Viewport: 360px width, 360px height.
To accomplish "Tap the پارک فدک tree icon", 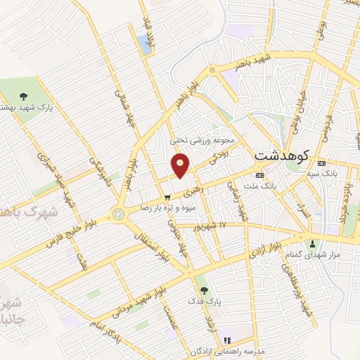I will point(204,289).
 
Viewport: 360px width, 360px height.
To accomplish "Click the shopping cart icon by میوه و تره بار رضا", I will point(167,198).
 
